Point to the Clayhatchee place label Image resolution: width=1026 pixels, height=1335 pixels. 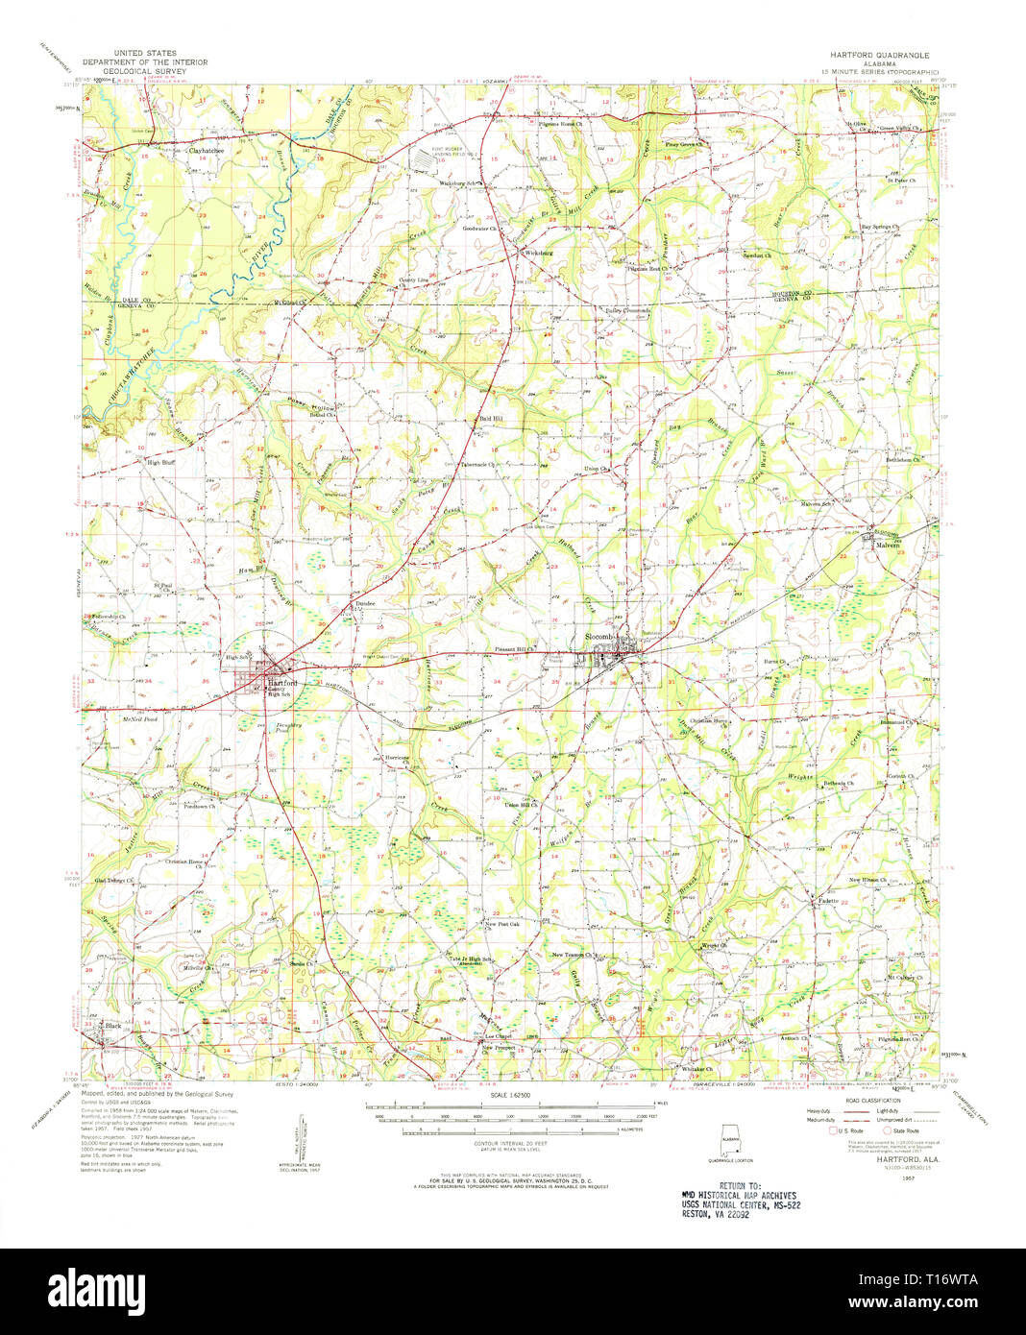(x=206, y=151)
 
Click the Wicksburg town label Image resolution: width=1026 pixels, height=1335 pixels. (x=539, y=253)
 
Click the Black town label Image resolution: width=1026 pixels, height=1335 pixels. (x=113, y=1026)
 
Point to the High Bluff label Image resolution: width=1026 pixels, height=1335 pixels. (x=160, y=462)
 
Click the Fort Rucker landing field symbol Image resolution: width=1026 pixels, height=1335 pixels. (x=430, y=161)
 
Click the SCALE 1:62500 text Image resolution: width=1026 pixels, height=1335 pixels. (x=511, y=1096)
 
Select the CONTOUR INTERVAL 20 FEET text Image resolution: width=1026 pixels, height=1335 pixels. (x=511, y=1144)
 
